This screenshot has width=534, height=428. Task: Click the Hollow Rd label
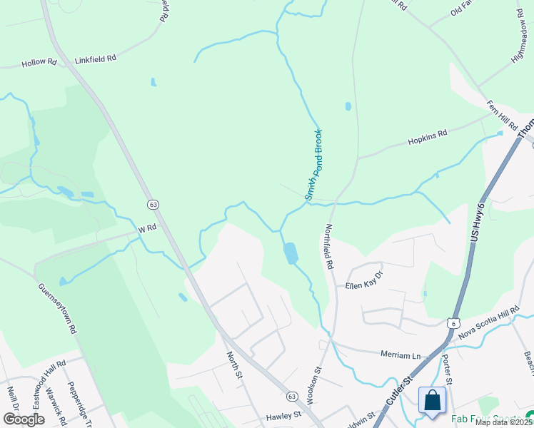click(x=39, y=63)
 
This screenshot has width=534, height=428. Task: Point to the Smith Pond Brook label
click(x=314, y=165)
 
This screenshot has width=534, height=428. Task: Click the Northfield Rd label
click(x=329, y=246)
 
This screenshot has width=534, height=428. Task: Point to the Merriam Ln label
click(x=401, y=355)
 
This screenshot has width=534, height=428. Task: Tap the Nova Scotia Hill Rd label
click(x=488, y=322)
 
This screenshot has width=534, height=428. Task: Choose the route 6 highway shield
click(x=452, y=324)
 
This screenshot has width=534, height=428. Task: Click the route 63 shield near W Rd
click(x=153, y=205)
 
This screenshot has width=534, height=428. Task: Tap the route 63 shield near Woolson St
click(x=291, y=396)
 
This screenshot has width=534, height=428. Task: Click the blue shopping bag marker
click(x=432, y=401)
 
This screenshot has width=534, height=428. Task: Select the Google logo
click(x=24, y=419)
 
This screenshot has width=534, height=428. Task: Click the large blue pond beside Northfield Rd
click(x=291, y=253)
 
